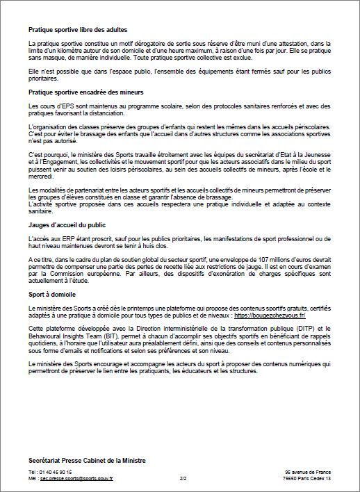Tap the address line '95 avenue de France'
307,473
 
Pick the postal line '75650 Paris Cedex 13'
306,479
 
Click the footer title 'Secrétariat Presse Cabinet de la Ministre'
87,461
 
